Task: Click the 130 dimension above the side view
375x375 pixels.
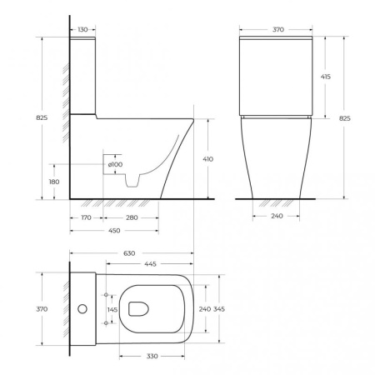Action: (x=81, y=30)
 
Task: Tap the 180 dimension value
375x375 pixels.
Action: (x=55, y=182)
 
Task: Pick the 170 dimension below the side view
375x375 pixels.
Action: (x=86, y=217)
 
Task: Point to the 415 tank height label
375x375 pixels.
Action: (x=325, y=76)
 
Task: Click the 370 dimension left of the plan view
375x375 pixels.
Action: (x=42, y=308)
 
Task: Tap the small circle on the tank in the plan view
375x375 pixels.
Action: (x=82, y=309)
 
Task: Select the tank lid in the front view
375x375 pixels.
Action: (x=275, y=39)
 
